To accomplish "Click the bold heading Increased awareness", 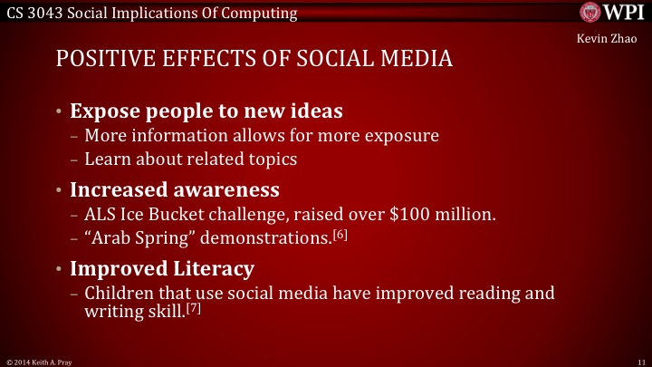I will point(174,190).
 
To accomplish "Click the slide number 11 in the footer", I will point(640,360).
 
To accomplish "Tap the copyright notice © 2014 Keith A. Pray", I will point(37,361).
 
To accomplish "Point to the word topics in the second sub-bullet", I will point(269,159).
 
